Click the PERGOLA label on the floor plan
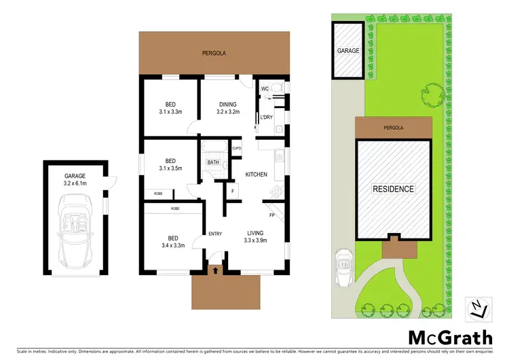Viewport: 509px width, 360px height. (213, 52)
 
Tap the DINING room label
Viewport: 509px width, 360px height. (227, 104)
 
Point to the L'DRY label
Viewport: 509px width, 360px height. (267, 118)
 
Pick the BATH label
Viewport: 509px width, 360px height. (213, 162)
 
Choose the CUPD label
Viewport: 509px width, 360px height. (237, 148)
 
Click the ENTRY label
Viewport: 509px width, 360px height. (215, 234)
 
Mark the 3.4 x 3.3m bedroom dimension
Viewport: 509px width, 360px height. (173, 247)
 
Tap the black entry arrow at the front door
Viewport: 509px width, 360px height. (216, 270)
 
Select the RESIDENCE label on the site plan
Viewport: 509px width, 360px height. (393, 189)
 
